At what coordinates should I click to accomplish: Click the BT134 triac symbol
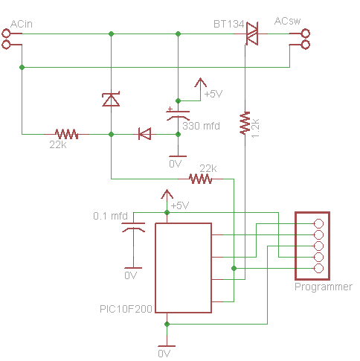coord(252,33)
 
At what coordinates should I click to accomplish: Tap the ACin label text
coord(22,24)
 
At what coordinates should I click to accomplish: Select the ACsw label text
coord(287,21)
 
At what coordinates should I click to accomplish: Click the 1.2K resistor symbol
coord(245,123)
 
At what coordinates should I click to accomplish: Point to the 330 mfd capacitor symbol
coord(178,115)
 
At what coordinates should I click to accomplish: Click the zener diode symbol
coord(111,99)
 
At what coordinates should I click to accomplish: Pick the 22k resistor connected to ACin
coord(66,134)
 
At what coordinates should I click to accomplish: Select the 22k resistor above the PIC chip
coord(200,179)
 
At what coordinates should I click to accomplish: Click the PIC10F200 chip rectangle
coord(183,268)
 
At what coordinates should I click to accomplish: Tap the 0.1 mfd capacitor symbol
coord(133,228)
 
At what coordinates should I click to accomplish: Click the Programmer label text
coord(324,287)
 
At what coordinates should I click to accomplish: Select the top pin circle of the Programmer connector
coord(318,223)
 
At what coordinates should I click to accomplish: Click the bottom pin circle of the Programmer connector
coord(318,268)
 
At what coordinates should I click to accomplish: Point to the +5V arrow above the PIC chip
coord(167,195)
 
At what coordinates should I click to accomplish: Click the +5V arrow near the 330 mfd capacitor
coord(200,83)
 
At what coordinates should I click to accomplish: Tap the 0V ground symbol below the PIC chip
coord(167,346)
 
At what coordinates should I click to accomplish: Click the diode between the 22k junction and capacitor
coord(144,134)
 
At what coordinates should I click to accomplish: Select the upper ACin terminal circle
coord(6,33)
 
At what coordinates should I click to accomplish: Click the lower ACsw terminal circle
coord(306,45)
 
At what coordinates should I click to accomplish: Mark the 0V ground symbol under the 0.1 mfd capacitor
coord(133,268)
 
